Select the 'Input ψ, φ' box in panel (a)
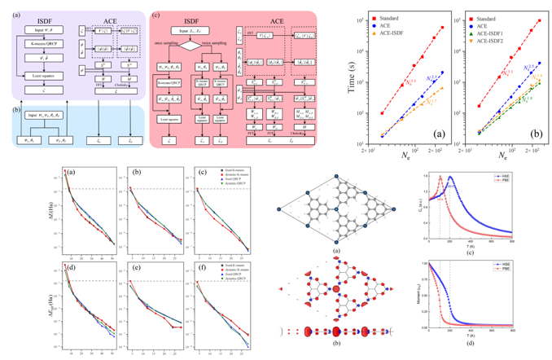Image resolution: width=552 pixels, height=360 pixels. click(39, 31)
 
